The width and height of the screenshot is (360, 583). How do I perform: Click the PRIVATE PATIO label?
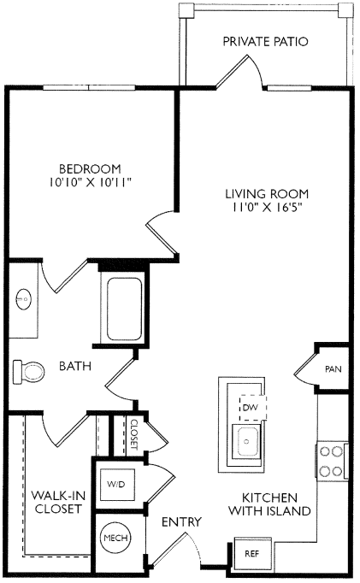coord(265,41)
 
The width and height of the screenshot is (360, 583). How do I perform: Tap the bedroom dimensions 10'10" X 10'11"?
coord(91,182)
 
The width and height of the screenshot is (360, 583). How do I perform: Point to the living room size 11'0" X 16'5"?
coord(267,207)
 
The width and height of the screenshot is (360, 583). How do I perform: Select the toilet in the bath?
coord(28,372)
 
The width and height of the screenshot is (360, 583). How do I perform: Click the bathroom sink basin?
coord(24,298)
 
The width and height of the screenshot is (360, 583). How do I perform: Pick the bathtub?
coord(124,309)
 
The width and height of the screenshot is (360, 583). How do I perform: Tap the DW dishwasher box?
coord(253,408)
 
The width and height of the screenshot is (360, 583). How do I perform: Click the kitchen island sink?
coord(246,442)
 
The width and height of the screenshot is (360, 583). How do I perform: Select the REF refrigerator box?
coord(252,554)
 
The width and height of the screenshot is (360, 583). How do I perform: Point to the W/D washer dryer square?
coord(116,484)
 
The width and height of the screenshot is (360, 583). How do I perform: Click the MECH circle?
coord(115,538)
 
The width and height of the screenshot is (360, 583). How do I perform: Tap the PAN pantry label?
coord(333,369)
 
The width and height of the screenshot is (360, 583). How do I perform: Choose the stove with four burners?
coord(332,462)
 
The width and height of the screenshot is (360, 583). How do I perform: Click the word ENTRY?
coord(181,522)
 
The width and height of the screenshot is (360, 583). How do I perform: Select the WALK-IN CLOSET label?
coord(58,502)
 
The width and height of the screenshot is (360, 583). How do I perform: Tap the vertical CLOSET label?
coord(134,434)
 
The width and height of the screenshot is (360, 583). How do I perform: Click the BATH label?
coord(75,366)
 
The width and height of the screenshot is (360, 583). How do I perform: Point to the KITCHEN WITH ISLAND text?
coord(269,504)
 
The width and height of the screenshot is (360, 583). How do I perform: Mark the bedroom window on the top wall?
coord(89,88)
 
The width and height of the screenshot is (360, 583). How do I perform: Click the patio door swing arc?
coord(257,67)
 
